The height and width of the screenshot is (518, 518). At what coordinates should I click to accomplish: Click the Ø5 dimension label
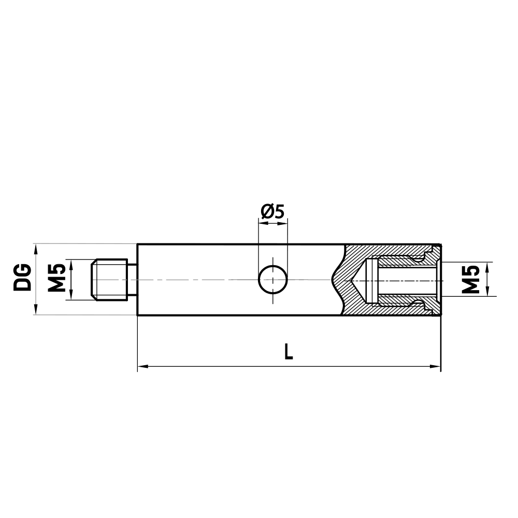(272, 211)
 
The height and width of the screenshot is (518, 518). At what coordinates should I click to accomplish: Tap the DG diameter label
(23, 279)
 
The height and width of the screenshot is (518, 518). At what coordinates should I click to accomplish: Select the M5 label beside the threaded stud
(57, 279)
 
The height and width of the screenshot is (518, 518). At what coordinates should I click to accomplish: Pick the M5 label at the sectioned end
(470, 279)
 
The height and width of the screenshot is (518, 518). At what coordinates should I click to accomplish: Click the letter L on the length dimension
(289, 352)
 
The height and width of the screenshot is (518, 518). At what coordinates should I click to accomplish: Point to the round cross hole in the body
(273, 279)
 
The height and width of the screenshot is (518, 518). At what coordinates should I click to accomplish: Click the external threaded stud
(110, 280)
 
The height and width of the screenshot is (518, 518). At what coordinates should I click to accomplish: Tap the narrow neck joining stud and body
(132, 280)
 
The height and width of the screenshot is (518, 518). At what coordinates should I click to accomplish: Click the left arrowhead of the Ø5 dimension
(262, 224)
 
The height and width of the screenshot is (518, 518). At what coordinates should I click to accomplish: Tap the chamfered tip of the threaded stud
(93, 280)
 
